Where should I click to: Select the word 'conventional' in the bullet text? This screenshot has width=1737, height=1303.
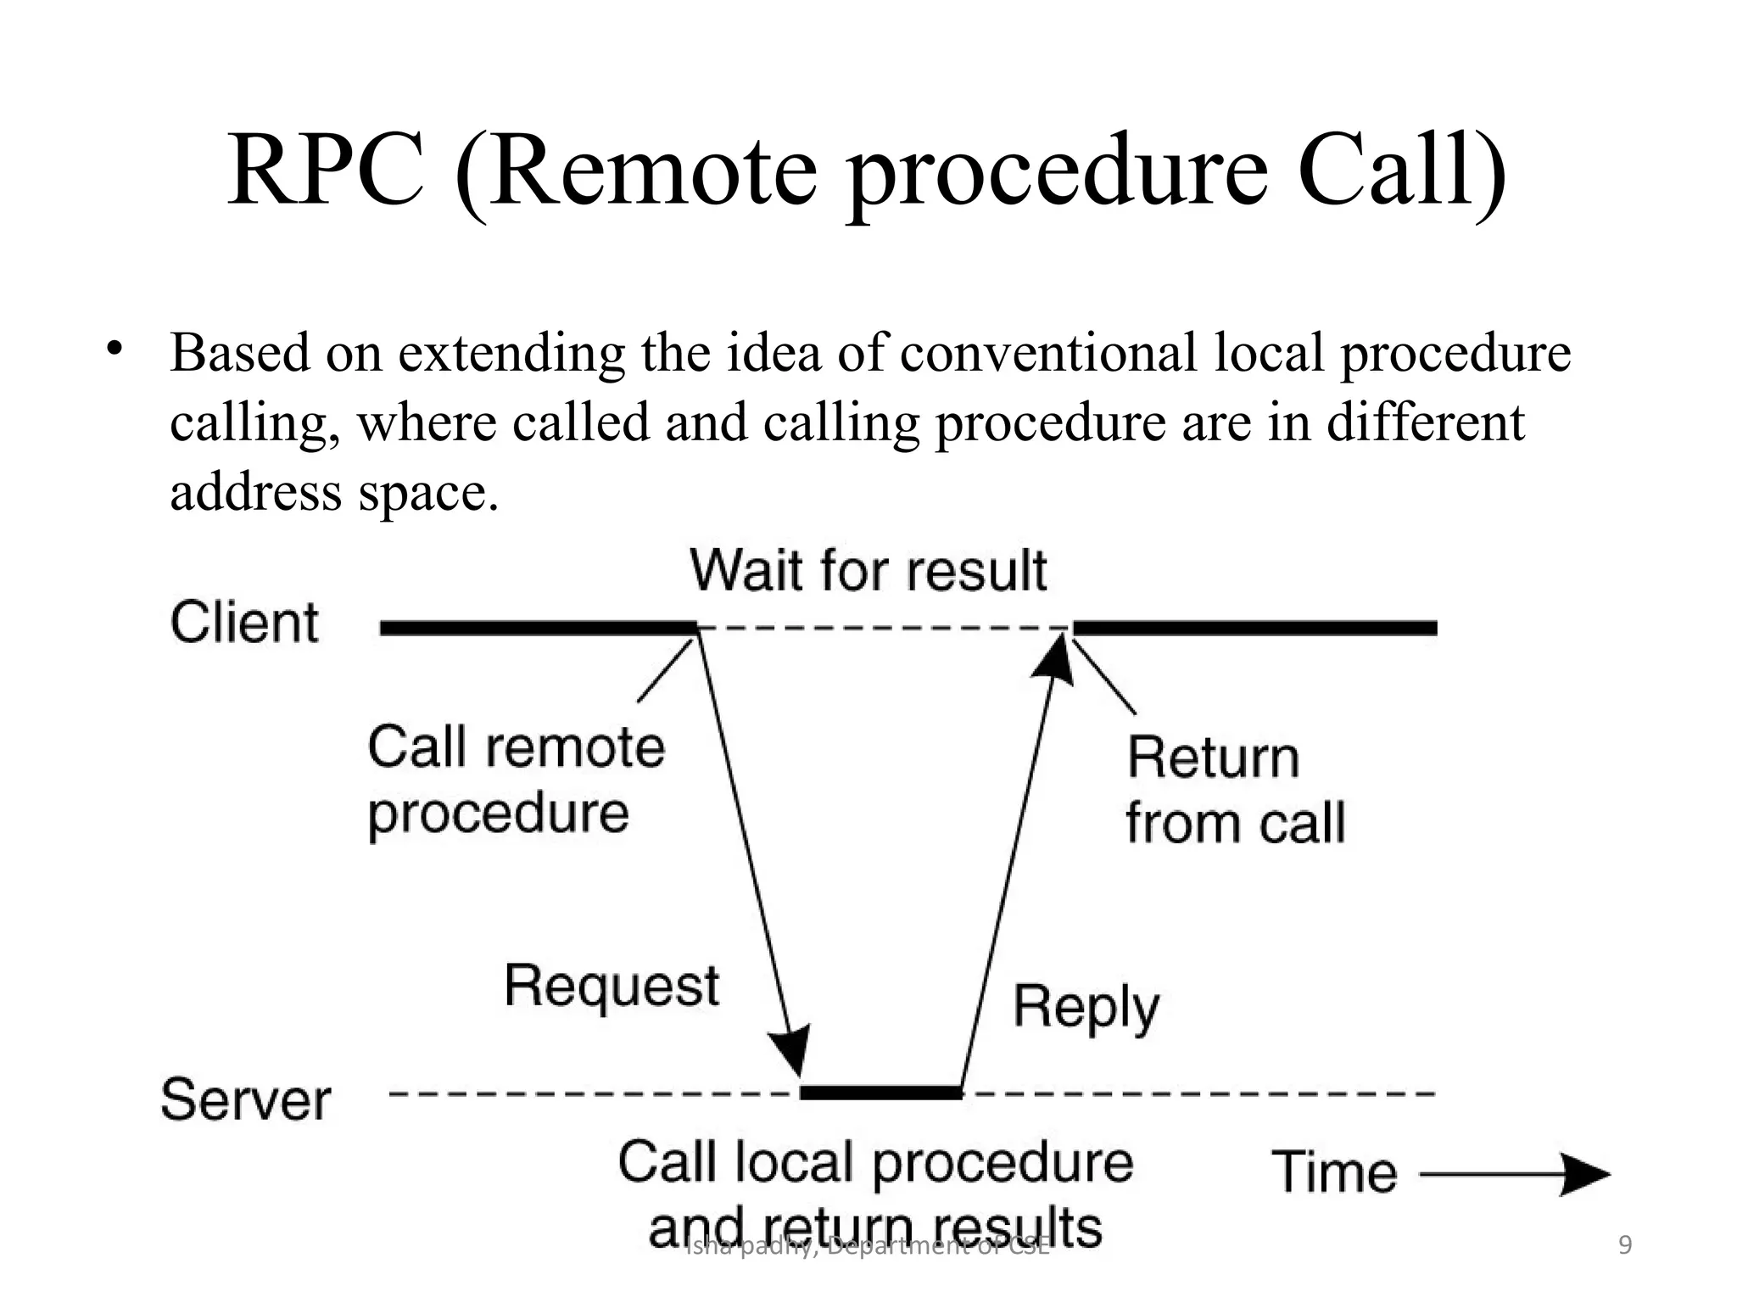1047,353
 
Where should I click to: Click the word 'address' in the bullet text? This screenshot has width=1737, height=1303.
254,491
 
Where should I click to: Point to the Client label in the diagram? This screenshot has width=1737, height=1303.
244,623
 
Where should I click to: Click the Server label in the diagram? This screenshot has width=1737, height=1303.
245,1100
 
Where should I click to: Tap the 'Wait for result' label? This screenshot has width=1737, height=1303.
868,570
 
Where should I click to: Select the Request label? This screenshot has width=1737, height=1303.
612,987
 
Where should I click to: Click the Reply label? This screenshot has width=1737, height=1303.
1086,1008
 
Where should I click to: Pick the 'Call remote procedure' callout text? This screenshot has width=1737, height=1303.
516,780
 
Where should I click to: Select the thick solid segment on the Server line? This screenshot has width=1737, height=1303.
881,1093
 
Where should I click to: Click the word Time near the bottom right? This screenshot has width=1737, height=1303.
1334,1172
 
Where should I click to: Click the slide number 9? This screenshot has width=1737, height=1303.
1625,1245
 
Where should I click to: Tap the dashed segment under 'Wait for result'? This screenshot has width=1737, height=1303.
882,629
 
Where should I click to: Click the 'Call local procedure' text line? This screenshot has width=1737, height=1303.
875,1163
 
